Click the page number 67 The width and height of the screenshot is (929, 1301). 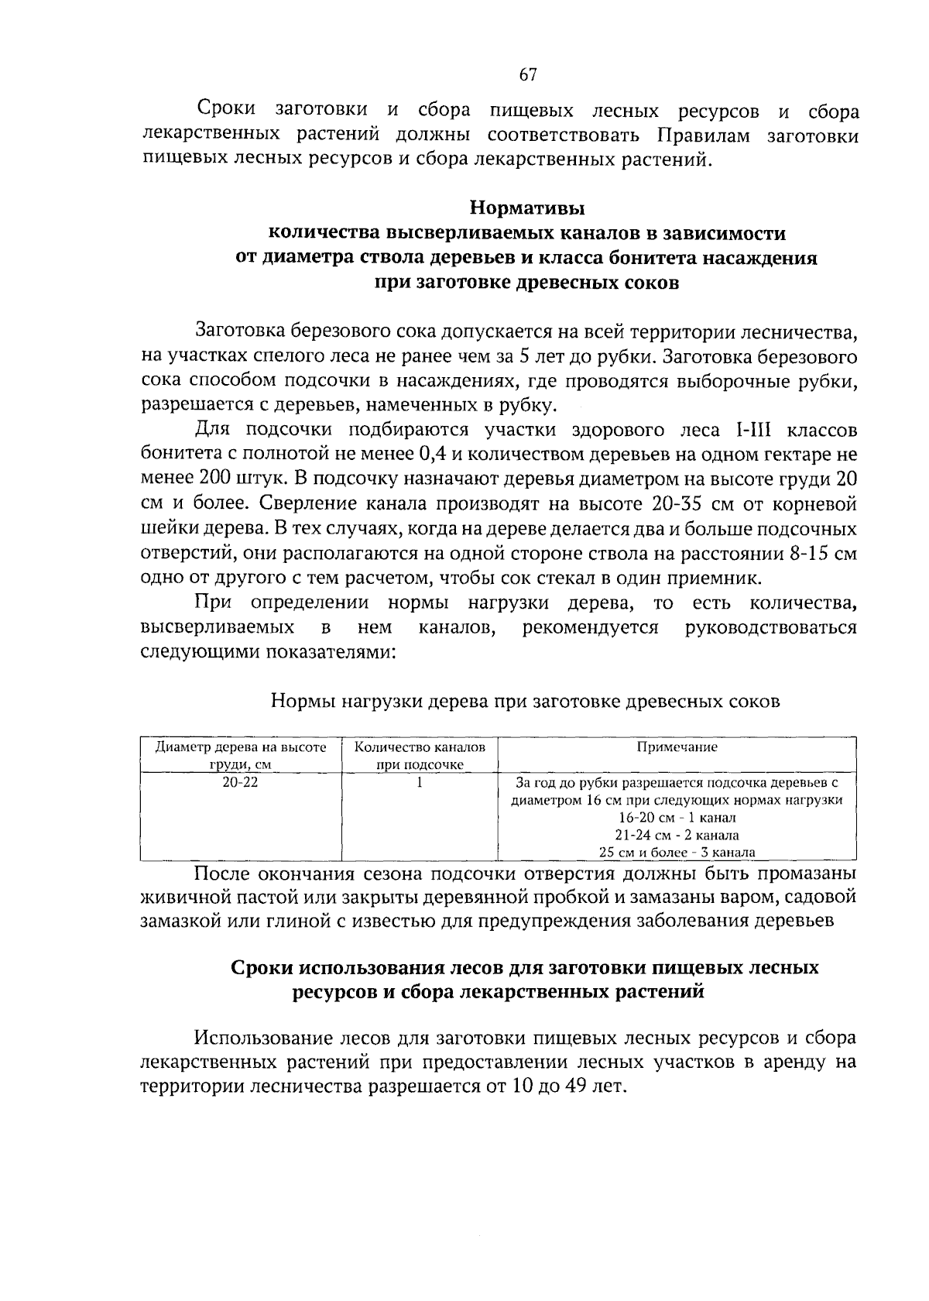[x=527, y=75]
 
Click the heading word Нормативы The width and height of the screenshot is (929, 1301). [x=527, y=209]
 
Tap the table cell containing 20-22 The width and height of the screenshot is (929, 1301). [x=240, y=782]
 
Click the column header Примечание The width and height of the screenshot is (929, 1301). [x=677, y=747]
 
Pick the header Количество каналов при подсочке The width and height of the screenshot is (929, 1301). [x=420, y=756]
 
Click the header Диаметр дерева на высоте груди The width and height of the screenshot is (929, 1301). [x=240, y=756]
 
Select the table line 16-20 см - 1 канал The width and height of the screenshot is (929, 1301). [x=677, y=818]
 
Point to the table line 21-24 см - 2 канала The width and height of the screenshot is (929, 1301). [x=677, y=836]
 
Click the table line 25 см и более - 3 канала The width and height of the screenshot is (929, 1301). [x=677, y=853]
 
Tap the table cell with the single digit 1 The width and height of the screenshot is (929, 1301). [x=420, y=782]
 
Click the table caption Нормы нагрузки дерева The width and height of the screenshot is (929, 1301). [x=525, y=702]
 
